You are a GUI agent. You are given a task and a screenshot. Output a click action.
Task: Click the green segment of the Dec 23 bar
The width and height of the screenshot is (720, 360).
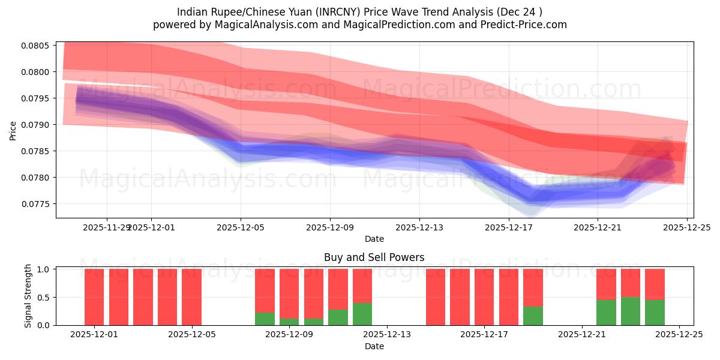click(x=631, y=311)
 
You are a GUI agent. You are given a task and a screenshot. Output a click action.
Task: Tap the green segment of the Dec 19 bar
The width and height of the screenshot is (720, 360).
click(x=533, y=316)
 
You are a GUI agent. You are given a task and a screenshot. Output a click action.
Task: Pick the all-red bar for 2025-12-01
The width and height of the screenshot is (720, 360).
click(x=94, y=297)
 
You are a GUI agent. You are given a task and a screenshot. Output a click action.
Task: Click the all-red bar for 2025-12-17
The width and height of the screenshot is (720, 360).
click(x=484, y=297)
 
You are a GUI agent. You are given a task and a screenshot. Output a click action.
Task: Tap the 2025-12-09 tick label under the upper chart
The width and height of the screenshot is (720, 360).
click(x=330, y=227)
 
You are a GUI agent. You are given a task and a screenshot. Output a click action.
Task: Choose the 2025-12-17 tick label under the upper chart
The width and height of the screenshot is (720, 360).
click(x=509, y=227)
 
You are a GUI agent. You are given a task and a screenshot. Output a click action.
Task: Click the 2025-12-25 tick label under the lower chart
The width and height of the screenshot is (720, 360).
click(x=679, y=335)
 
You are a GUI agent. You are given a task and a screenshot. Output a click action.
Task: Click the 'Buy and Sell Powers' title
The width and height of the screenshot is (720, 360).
click(x=374, y=257)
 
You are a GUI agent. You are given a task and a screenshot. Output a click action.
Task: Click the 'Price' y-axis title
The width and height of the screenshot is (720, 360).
click(x=13, y=130)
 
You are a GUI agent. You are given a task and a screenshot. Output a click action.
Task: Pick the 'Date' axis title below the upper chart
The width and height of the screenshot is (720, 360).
click(x=374, y=239)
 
